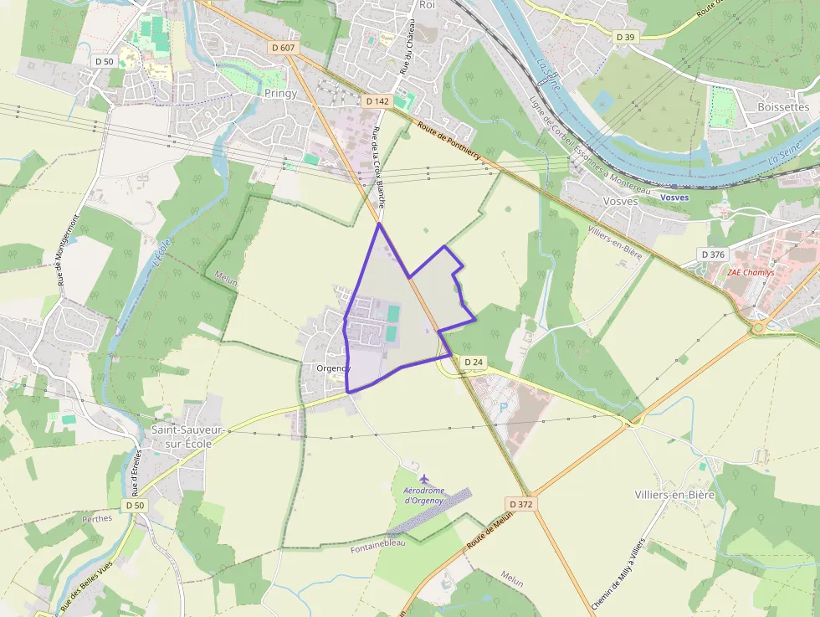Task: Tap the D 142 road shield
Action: (x=377, y=100)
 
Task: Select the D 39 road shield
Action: (x=625, y=37)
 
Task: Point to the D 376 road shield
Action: (x=714, y=254)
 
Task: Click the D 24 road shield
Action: (x=473, y=362)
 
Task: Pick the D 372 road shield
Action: (x=520, y=504)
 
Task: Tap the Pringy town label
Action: (x=280, y=93)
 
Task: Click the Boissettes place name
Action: (x=783, y=107)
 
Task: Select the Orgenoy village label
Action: (x=334, y=368)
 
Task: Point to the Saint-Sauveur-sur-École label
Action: (x=182, y=436)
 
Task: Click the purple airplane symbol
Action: (x=424, y=478)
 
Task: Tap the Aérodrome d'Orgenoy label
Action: (x=424, y=495)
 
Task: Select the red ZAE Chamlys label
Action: (x=750, y=272)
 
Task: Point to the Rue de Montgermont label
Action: (x=69, y=249)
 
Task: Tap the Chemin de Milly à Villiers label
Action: (x=618, y=573)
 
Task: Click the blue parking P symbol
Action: (x=503, y=407)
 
